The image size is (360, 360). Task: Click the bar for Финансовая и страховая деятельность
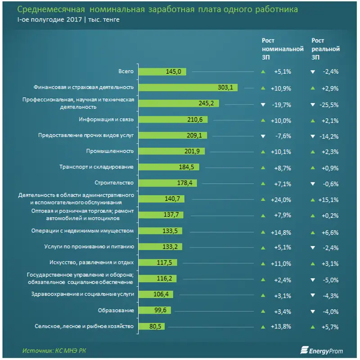pos(187,88)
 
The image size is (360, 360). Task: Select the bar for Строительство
pos(168,183)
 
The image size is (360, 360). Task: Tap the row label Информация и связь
pos(106,120)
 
